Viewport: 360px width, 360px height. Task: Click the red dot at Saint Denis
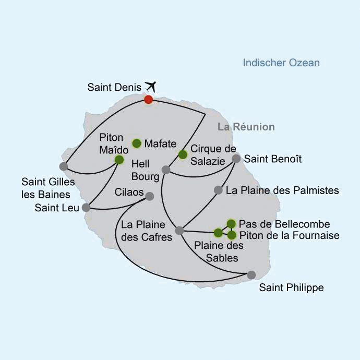(x=149, y=100)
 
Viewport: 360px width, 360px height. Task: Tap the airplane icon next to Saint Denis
(x=150, y=87)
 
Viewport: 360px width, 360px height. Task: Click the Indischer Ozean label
(x=281, y=63)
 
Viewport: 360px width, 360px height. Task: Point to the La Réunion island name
(x=246, y=127)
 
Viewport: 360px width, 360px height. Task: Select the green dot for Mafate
(x=137, y=143)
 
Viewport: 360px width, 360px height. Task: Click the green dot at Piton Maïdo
(x=119, y=160)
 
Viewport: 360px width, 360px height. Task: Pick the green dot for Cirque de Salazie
(x=183, y=154)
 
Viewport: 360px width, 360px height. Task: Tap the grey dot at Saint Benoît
(x=236, y=159)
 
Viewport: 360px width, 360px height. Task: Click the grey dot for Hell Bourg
(x=166, y=170)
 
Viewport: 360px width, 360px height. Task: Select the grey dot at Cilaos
(x=150, y=196)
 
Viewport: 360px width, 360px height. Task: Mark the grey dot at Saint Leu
(x=86, y=208)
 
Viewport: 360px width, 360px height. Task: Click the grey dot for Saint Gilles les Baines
(x=64, y=166)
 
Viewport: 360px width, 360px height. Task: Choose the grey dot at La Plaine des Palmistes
(x=218, y=190)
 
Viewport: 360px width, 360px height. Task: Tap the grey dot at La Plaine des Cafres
(x=179, y=231)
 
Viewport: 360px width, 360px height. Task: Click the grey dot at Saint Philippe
(x=251, y=275)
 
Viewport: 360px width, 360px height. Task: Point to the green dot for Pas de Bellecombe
(x=231, y=224)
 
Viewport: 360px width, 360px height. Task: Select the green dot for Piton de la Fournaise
(x=232, y=235)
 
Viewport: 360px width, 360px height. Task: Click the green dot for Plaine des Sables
(x=218, y=233)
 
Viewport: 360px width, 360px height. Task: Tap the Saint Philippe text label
(x=291, y=287)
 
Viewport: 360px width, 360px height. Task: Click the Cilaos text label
(x=129, y=192)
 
